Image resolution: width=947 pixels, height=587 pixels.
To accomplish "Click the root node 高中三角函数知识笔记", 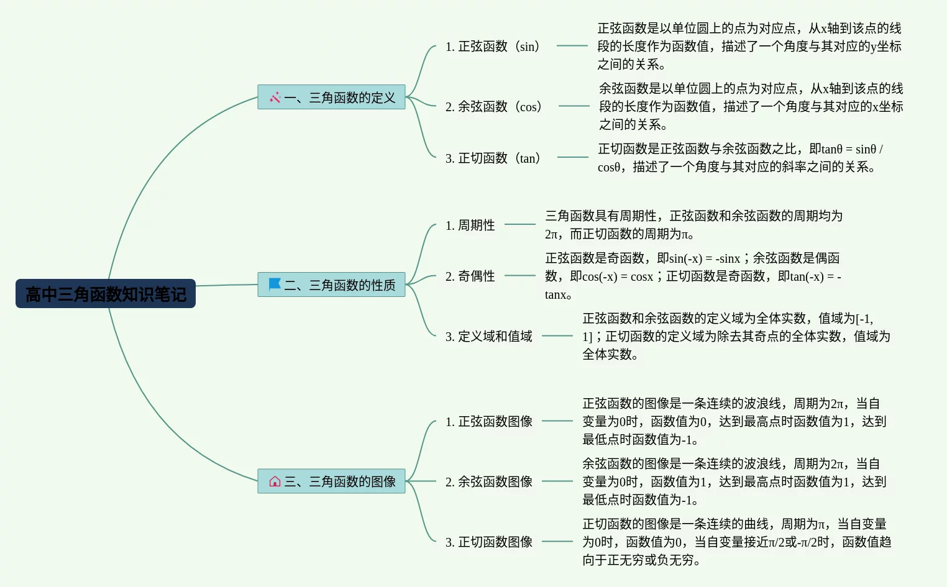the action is [106, 294].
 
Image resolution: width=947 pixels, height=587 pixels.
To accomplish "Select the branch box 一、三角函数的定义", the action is [331, 97].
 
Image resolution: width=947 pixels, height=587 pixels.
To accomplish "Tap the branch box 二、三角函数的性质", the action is [331, 284].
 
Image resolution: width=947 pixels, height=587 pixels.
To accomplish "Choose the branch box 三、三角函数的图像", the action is [331, 481].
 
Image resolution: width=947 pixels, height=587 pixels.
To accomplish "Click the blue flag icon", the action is [274, 284].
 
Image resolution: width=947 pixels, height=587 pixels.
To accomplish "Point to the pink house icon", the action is [275, 481].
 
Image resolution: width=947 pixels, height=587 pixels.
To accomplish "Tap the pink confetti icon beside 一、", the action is [275, 97].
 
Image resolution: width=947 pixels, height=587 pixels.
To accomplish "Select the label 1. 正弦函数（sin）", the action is [492, 47].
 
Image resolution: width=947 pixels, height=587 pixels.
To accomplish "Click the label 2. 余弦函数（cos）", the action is [493, 107].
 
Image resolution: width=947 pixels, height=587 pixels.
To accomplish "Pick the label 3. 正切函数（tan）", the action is [493, 158].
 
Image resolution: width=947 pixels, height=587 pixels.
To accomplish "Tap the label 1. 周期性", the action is [470, 225].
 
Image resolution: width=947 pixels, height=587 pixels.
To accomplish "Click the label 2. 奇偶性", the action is [470, 276].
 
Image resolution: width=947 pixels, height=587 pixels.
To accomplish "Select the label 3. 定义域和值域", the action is [488, 337].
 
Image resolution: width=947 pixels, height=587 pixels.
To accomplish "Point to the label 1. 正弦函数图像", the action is [488, 422].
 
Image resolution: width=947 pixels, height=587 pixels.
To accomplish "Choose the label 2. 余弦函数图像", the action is [488, 482].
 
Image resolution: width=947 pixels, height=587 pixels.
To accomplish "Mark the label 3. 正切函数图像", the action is [488, 542].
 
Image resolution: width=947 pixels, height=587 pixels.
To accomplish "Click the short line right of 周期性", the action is [519, 224].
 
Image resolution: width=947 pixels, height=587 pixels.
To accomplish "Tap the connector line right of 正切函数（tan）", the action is [572, 157].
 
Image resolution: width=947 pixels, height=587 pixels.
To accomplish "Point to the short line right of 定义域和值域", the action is [557, 336].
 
